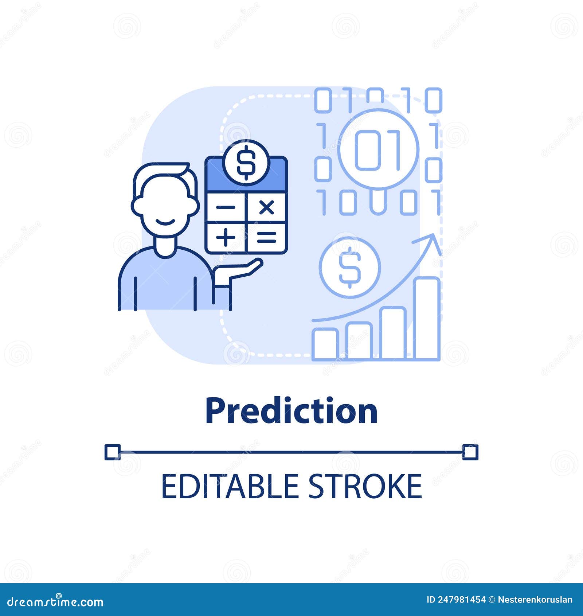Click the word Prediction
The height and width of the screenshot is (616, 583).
pyautogui.click(x=291, y=411)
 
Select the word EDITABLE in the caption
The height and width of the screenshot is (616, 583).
pyautogui.click(x=230, y=486)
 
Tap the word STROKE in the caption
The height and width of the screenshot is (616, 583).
pyautogui.click(x=365, y=486)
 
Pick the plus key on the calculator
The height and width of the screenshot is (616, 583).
pyautogui.click(x=226, y=238)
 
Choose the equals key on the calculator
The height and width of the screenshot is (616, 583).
pyautogui.click(x=267, y=238)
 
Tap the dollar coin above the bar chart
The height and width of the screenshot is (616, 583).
pyautogui.click(x=350, y=267)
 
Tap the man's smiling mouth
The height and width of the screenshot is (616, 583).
pyautogui.click(x=165, y=222)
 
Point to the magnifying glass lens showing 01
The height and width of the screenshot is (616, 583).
pyautogui.click(x=378, y=150)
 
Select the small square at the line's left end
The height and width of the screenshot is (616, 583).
pyautogui.click(x=112, y=452)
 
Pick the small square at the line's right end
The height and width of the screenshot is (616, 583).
pyautogui.click(x=470, y=452)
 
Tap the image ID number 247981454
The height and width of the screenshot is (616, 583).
pyautogui.click(x=462, y=600)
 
